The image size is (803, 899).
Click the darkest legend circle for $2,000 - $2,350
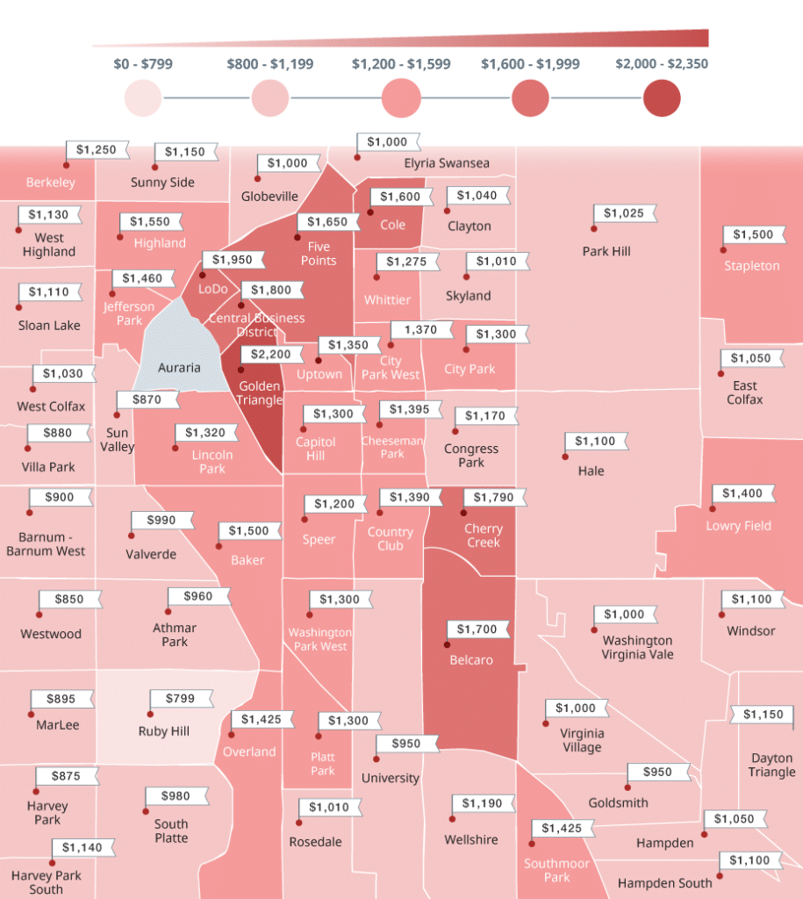click(661, 97)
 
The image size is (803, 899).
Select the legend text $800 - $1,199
click(269, 64)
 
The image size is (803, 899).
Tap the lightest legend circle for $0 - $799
click(143, 97)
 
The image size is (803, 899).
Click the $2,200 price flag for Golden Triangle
click(271, 355)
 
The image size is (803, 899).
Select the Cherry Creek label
click(484, 536)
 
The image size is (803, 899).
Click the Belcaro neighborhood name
click(471, 660)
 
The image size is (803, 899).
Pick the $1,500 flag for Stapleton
click(753, 234)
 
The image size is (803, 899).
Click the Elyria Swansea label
click(447, 163)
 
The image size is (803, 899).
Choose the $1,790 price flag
click(493, 498)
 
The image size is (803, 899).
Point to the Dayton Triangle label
click(771, 765)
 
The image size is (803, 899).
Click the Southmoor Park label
click(557, 870)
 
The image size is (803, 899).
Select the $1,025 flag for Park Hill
click(624, 213)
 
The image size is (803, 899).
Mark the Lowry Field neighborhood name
click(738, 526)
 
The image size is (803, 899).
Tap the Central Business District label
click(256, 325)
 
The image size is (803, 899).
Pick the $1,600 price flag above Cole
click(400, 197)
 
